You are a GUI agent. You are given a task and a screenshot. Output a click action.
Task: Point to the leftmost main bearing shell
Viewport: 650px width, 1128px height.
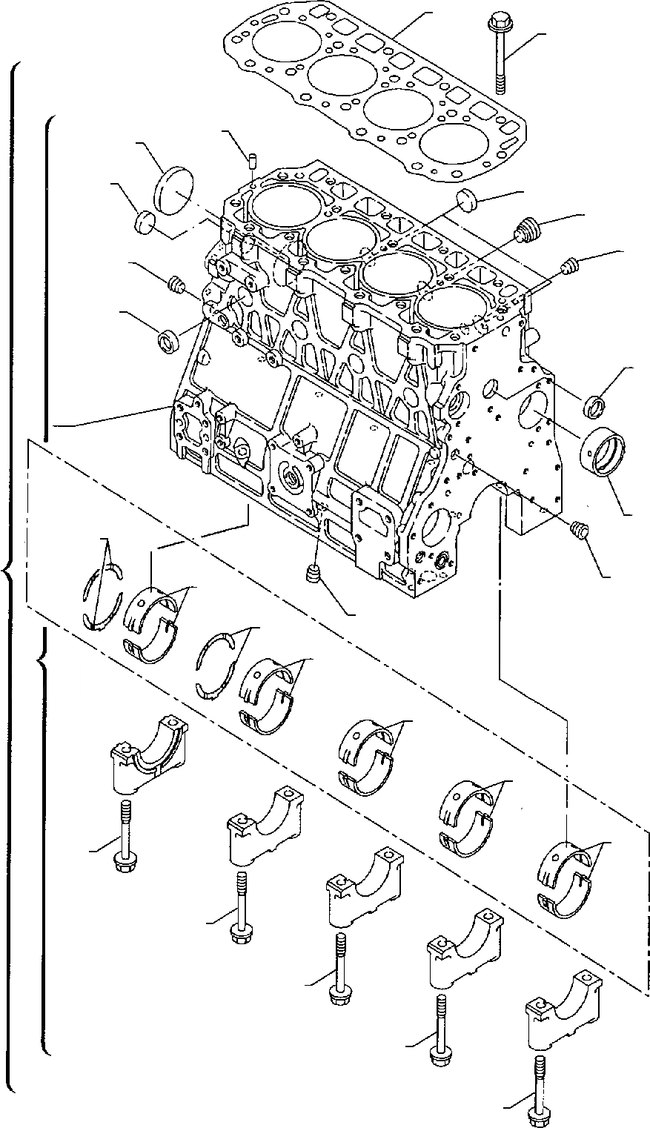point(152,623)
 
